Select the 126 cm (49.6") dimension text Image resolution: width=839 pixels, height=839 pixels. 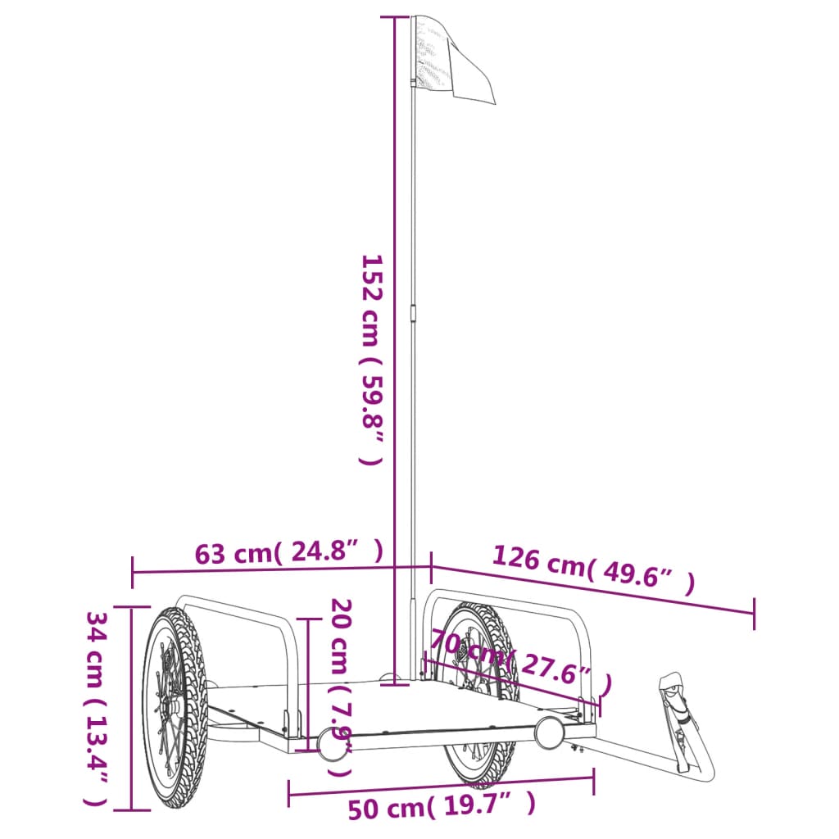pyautogui.click(x=593, y=569)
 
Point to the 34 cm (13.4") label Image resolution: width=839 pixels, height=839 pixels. pyautogui.click(x=98, y=709)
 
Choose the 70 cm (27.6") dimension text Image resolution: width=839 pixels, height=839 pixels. pyautogui.click(x=521, y=660)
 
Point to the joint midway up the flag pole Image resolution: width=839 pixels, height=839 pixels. pyautogui.click(x=413, y=315)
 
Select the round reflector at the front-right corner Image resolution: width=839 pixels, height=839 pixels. pyautogui.click(x=549, y=731)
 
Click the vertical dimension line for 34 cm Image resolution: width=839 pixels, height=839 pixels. pyautogui.click(x=132, y=709)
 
